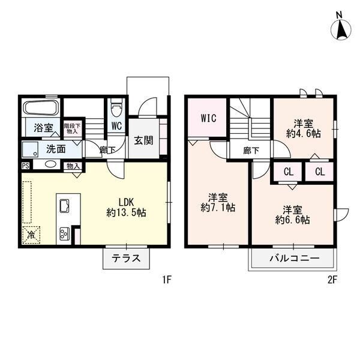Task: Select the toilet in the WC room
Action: tap(117, 108)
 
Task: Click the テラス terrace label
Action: tap(126, 259)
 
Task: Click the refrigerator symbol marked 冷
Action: tap(29, 235)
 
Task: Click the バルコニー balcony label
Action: tap(293, 259)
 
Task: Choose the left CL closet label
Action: tap(288, 172)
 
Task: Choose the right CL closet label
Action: tap(320, 172)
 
